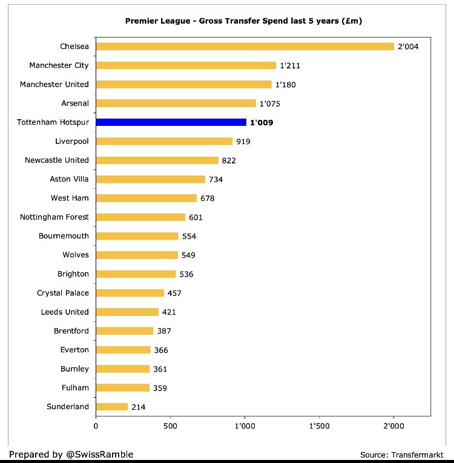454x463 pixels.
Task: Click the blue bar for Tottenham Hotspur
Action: click(x=171, y=122)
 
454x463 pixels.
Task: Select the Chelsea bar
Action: click(x=245, y=46)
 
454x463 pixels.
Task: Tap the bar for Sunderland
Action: click(x=112, y=407)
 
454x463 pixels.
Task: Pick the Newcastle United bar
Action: click(x=157, y=160)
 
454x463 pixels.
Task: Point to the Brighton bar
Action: click(x=136, y=274)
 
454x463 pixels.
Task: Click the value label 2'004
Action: click(x=408, y=47)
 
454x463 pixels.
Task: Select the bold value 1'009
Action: click(x=262, y=123)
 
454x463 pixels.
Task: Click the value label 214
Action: click(x=139, y=407)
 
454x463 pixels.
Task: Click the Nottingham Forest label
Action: click(x=54, y=217)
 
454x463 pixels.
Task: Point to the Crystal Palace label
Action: click(x=63, y=293)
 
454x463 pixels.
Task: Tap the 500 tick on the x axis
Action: click(x=170, y=426)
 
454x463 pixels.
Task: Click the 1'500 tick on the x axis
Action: click(x=319, y=426)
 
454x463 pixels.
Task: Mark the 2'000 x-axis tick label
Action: click(x=393, y=426)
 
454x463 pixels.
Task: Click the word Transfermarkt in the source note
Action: click(x=418, y=455)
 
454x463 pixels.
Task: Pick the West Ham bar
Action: click(x=146, y=199)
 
